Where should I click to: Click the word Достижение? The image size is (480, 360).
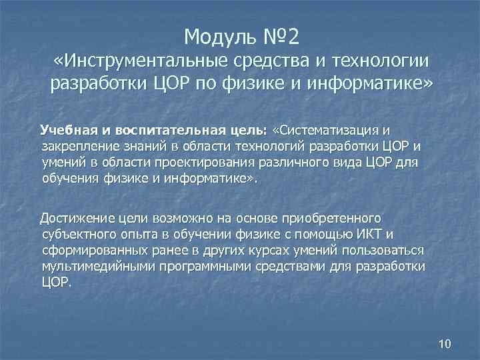(76, 217)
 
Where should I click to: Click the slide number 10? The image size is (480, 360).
(445, 344)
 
